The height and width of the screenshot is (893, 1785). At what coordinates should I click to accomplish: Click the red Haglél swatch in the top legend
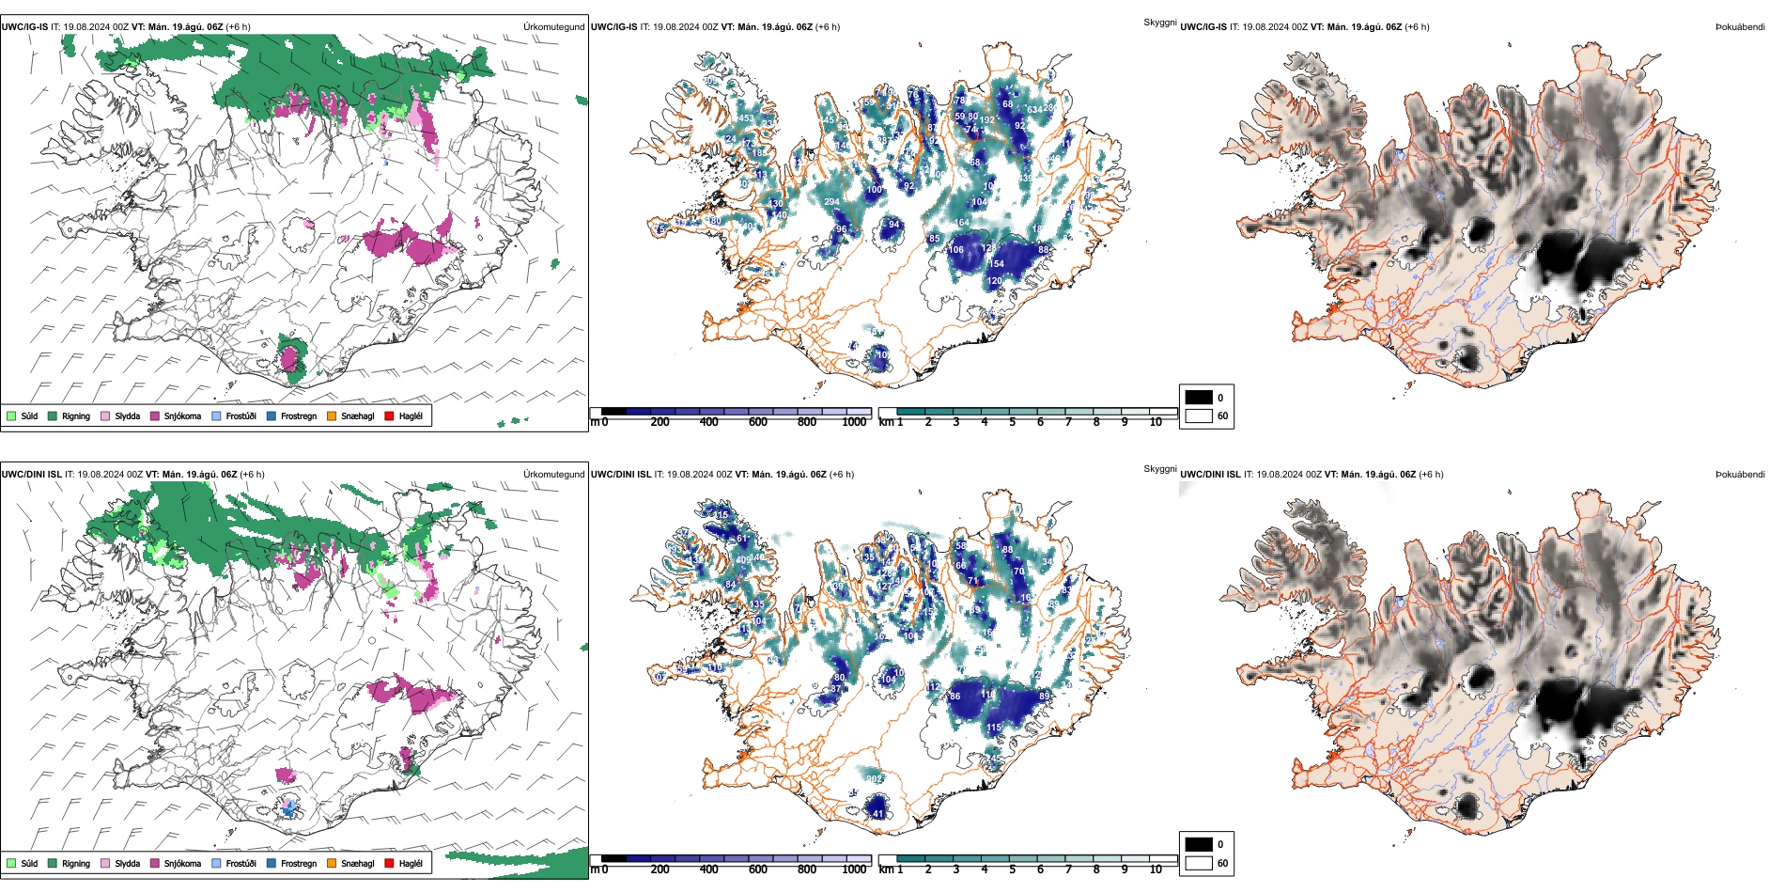389,415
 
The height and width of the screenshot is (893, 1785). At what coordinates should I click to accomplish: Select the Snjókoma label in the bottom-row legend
182,863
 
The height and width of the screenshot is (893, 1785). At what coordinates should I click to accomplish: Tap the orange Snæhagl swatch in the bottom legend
332,863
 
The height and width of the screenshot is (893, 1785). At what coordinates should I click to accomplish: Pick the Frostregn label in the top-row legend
299,415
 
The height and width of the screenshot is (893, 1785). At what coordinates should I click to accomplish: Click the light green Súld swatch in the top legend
11,415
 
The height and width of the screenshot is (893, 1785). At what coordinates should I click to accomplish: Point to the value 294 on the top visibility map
831,202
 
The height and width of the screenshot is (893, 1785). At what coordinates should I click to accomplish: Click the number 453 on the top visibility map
745,118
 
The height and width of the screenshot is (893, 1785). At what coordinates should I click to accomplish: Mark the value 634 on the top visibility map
1034,110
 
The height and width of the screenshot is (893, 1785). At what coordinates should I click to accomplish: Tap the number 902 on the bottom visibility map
874,779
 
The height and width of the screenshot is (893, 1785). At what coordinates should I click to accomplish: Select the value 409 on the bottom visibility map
744,560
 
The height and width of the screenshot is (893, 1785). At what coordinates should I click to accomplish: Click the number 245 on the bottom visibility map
994,758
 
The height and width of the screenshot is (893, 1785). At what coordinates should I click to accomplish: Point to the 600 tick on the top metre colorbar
758,422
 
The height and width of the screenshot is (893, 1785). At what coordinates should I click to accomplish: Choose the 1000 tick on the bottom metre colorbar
854,869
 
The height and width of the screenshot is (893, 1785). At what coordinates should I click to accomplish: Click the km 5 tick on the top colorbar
1012,422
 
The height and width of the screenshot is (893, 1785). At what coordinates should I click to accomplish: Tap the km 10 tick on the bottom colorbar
1156,869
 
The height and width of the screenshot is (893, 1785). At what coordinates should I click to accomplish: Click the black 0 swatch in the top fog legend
1199,398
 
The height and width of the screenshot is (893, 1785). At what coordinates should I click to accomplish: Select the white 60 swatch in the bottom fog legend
1199,863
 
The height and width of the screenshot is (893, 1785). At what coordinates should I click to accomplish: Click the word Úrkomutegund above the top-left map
553,27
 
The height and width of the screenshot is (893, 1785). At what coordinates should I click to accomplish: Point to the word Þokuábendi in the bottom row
1740,475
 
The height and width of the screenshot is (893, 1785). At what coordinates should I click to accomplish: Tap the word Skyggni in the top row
1159,22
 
